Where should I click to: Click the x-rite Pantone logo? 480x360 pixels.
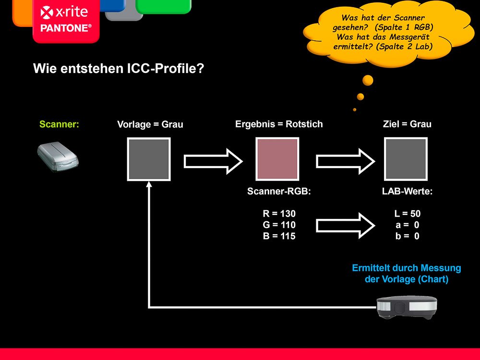tap(66, 20)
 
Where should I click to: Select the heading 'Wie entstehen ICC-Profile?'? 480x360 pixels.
tap(119, 68)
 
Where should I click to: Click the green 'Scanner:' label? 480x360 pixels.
tap(59, 124)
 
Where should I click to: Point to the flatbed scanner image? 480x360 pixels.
tap(58, 156)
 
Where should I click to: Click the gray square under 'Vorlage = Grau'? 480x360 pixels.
tap(149, 159)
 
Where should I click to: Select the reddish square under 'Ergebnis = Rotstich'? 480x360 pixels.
tap(277, 159)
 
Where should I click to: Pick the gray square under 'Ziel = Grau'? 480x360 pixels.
tap(406, 159)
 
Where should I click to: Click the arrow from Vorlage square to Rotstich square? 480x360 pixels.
tap(213, 161)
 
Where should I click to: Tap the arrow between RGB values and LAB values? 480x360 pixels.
tap(345, 226)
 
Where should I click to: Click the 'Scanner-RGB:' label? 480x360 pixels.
tap(279, 192)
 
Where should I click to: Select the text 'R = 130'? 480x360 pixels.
tap(279, 214)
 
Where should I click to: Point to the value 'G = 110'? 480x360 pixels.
tap(279, 225)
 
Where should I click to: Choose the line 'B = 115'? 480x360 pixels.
tap(279, 236)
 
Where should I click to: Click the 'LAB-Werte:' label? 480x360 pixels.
tap(407, 192)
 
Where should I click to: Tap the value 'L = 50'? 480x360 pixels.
tap(408, 214)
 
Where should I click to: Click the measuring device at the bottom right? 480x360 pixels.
tap(407, 307)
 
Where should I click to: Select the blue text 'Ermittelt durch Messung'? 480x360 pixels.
tap(407, 268)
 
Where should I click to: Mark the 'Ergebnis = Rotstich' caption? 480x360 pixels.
tap(279, 124)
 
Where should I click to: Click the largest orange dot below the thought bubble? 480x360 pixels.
tap(368, 81)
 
